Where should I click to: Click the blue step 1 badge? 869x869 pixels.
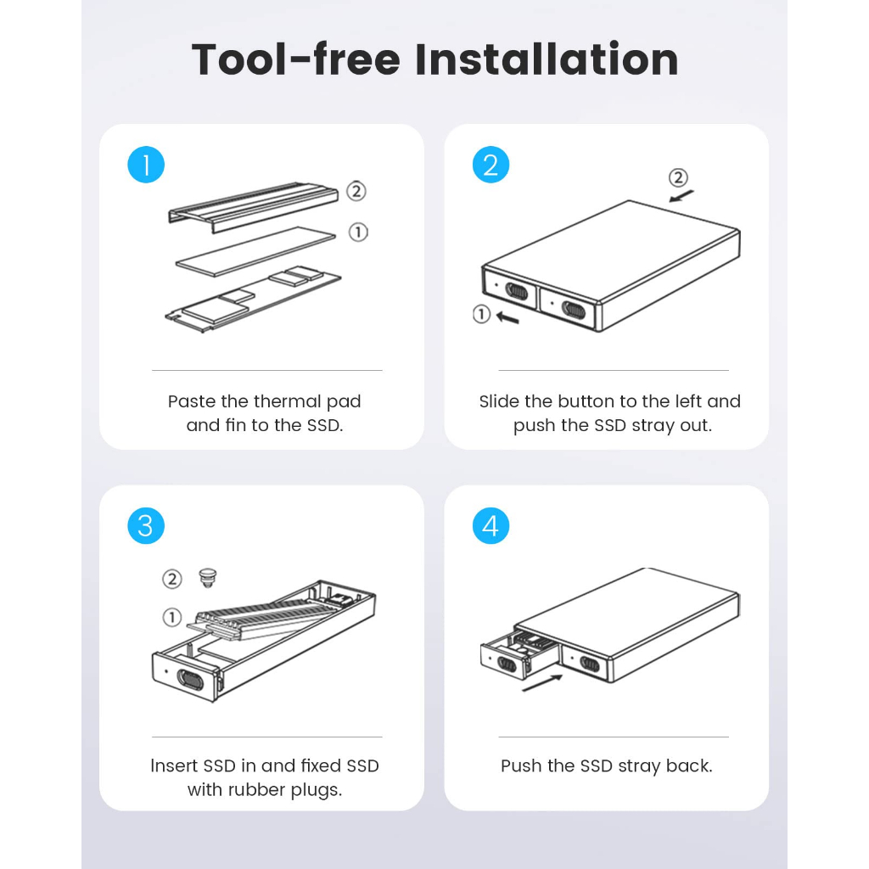(146, 165)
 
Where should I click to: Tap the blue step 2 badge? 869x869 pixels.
(491, 165)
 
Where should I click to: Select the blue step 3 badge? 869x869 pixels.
(146, 525)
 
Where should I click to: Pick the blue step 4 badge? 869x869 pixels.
(491, 525)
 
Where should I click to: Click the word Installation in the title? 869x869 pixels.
(547, 59)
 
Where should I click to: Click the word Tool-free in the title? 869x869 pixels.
(296, 59)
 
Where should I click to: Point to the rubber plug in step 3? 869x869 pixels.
(207, 578)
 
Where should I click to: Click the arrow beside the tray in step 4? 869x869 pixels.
(542, 683)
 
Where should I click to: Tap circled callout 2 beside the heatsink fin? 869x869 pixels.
(356, 191)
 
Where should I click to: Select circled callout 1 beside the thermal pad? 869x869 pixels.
(358, 233)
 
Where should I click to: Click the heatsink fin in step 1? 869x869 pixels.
(253, 207)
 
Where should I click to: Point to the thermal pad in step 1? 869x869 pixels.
(255, 251)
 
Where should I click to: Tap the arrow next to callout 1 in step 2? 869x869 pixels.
(507, 317)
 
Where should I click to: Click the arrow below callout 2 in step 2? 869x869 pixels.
(681, 196)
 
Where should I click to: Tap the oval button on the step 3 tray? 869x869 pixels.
(190, 680)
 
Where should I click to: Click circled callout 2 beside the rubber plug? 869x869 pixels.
(171, 579)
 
